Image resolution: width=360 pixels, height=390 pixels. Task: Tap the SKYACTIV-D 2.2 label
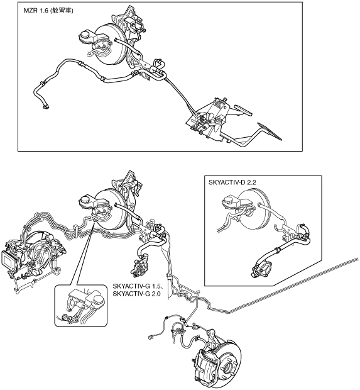(232, 182)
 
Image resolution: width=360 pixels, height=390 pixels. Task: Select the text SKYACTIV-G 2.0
(136, 294)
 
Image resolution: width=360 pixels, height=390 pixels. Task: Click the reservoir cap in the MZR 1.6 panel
(86, 33)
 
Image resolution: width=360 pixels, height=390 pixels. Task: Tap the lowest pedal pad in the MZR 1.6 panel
(270, 131)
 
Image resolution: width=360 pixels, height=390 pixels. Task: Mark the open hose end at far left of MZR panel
(46, 107)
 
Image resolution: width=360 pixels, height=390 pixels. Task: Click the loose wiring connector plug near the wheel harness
(150, 338)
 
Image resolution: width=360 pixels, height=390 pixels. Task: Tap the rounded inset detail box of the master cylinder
(81, 305)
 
